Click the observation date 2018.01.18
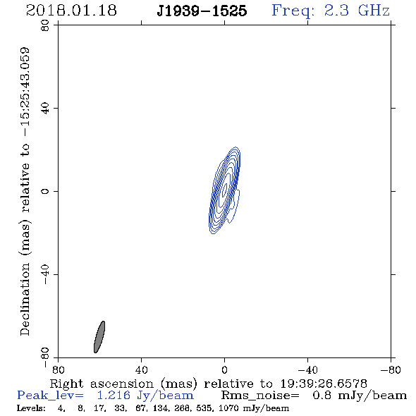coord(71,11)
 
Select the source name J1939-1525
coord(202,11)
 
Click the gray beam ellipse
coord(99,337)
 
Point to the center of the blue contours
coord(225,190)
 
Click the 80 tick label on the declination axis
coord(45,25)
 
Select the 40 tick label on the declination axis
coord(45,109)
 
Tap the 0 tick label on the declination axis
coord(45,191)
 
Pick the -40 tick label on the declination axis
coord(45,274)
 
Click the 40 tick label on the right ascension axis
coord(141,370)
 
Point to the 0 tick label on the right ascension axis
coord(224,370)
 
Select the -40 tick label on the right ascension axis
coord(307,370)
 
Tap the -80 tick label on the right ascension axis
coord(391,370)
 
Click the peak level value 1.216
coord(114,396)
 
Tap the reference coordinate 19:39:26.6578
coord(324,384)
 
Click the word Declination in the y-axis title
coord(25,299)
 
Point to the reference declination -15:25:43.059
coord(25,92)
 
